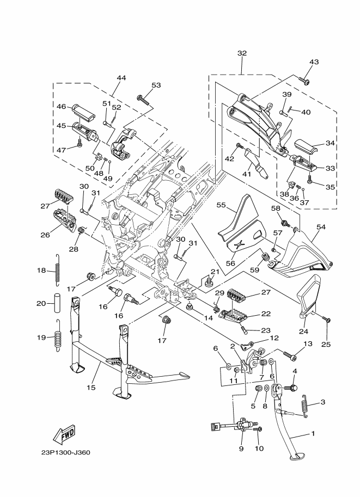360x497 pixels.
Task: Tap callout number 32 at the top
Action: coord(242,53)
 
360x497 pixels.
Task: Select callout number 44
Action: coord(121,78)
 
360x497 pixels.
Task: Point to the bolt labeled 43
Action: coord(305,82)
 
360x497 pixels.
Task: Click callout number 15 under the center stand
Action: coord(91,387)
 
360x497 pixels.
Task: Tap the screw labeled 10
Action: coord(258,430)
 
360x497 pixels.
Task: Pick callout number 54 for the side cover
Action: coord(337,227)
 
